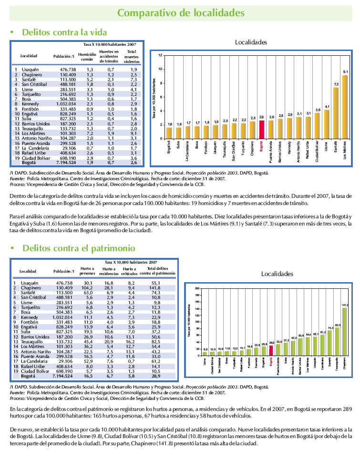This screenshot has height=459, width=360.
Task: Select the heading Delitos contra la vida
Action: (x=64, y=33)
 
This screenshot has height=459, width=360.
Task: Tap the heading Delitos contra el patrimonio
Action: (x=78, y=248)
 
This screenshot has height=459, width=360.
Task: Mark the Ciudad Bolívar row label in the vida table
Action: (x=34, y=157)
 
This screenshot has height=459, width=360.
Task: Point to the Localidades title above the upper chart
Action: (x=251, y=42)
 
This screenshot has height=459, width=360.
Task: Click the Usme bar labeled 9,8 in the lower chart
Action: (x=205, y=354)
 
